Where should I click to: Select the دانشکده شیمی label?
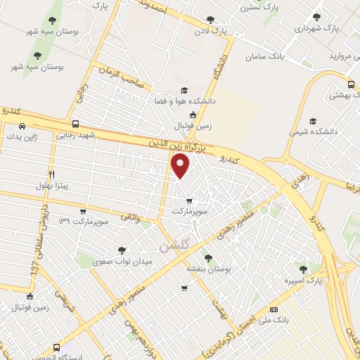pos(312,131)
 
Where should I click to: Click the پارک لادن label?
pos(231,31)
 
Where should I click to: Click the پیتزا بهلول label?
pos(51,186)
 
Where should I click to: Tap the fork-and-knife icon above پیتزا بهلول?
pos(51,174)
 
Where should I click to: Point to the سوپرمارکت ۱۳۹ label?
pos(83,222)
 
